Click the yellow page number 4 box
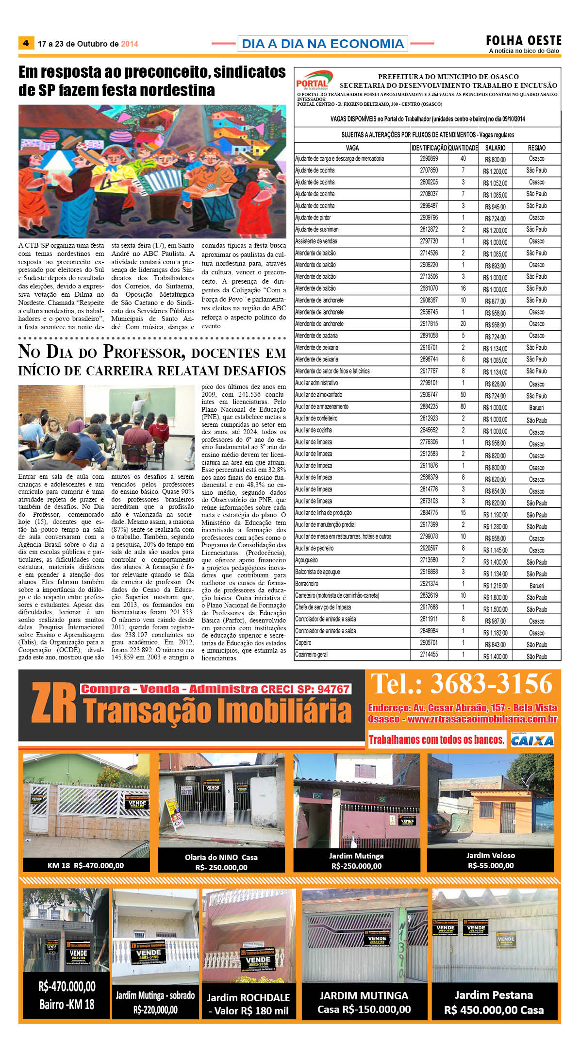point(26,43)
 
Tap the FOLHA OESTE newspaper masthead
point(524,41)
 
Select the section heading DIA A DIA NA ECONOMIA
point(322,44)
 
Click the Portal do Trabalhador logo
point(314,81)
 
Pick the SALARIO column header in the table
point(495,148)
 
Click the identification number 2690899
point(429,159)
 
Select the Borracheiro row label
point(307,584)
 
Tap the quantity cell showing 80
point(463,406)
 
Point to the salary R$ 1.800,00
point(495,598)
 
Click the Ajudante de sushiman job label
point(317,229)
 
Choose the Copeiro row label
point(303,642)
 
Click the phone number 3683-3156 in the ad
point(491,684)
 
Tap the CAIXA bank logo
point(532,740)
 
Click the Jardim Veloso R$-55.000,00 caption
point(490,860)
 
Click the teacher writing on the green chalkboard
point(140,402)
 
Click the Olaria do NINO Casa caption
point(221,862)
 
